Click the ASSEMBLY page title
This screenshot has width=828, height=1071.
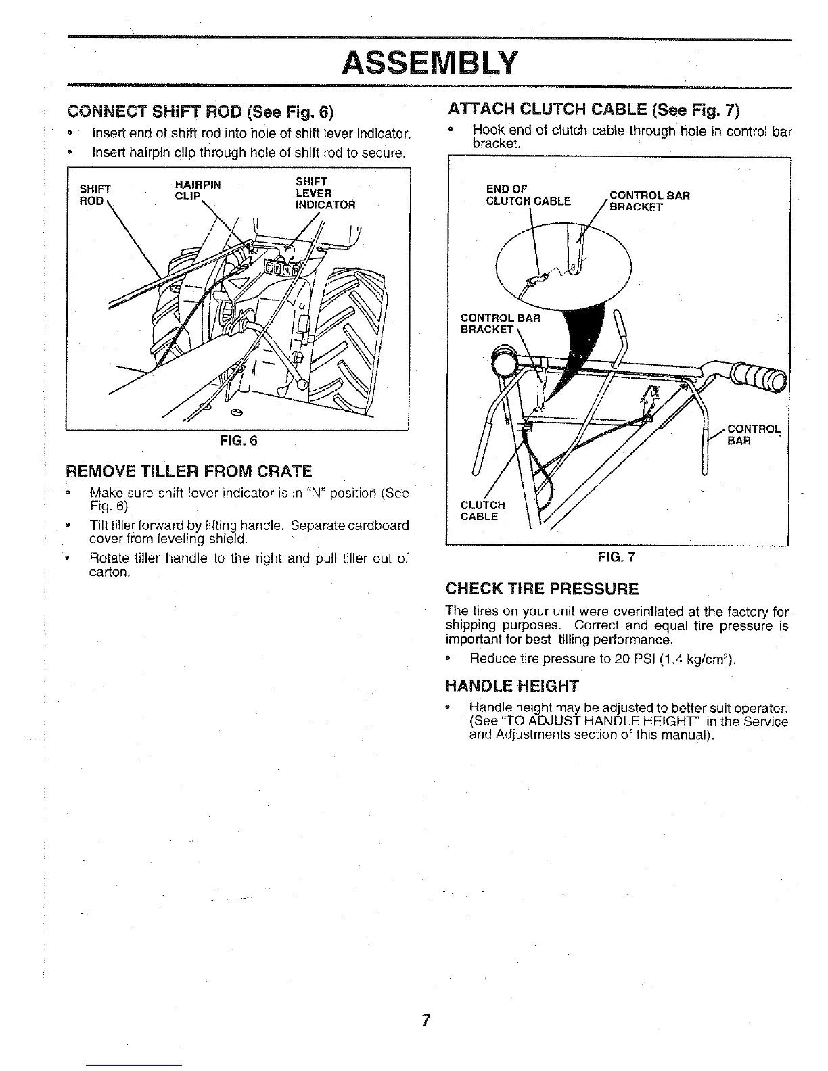[430, 64]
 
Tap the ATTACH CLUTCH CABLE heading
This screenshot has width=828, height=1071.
[593, 110]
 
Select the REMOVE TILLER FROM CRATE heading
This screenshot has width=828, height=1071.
[189, 471]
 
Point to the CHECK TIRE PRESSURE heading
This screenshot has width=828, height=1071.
[541, 588]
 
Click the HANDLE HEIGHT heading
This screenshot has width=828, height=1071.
[511, 686]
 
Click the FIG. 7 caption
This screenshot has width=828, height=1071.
[616, 557]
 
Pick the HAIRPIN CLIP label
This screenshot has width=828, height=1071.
[198, 190]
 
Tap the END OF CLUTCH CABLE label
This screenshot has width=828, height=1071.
[528, 195]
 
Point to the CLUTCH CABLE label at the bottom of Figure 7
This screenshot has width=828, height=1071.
[482, 510]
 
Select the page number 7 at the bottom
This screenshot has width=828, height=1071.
[426, 1020]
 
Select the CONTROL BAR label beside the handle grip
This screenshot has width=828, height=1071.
[753, 435]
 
